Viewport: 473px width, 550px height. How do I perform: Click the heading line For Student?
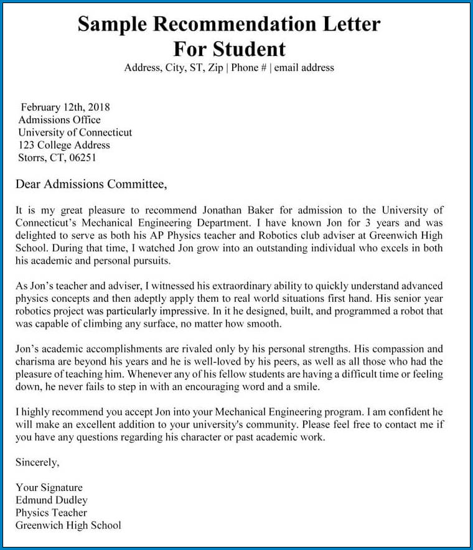[229, 49]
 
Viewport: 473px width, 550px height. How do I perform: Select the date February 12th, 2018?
[65, 107]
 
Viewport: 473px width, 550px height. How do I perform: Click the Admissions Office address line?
[59, 120]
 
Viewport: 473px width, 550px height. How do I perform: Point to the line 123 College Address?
[64, 145]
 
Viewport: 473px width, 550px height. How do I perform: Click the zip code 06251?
[82, 157]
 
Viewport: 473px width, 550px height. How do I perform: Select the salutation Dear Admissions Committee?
[91, 184]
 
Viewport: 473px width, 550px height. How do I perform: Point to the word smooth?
[265, 324]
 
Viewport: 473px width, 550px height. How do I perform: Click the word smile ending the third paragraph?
[304, 386]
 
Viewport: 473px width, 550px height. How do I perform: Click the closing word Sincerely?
[37, 462]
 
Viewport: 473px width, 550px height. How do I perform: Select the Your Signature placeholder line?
[49, 488]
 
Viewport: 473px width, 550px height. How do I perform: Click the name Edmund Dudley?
[52, 500]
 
